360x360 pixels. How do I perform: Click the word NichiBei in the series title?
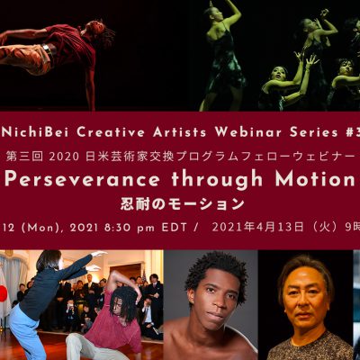[38, 132]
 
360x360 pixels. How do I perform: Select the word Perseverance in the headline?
[82, 179]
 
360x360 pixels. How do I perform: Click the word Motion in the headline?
[315, 179]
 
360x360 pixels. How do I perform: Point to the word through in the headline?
[217, 180]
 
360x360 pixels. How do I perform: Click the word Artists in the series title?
[179, 132]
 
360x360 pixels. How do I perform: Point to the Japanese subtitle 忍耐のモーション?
[183, 204]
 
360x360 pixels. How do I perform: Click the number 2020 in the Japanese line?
[64, 157]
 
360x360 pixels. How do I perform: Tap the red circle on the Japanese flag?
[3, 293]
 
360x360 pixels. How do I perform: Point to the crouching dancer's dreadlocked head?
[123, 303]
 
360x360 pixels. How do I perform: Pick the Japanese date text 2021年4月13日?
[257, 228]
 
